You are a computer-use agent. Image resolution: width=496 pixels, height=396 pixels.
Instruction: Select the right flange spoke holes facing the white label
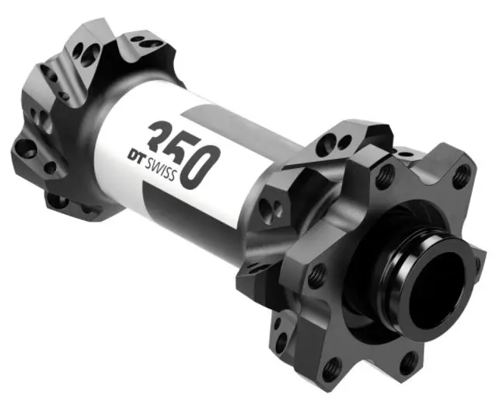270,205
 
